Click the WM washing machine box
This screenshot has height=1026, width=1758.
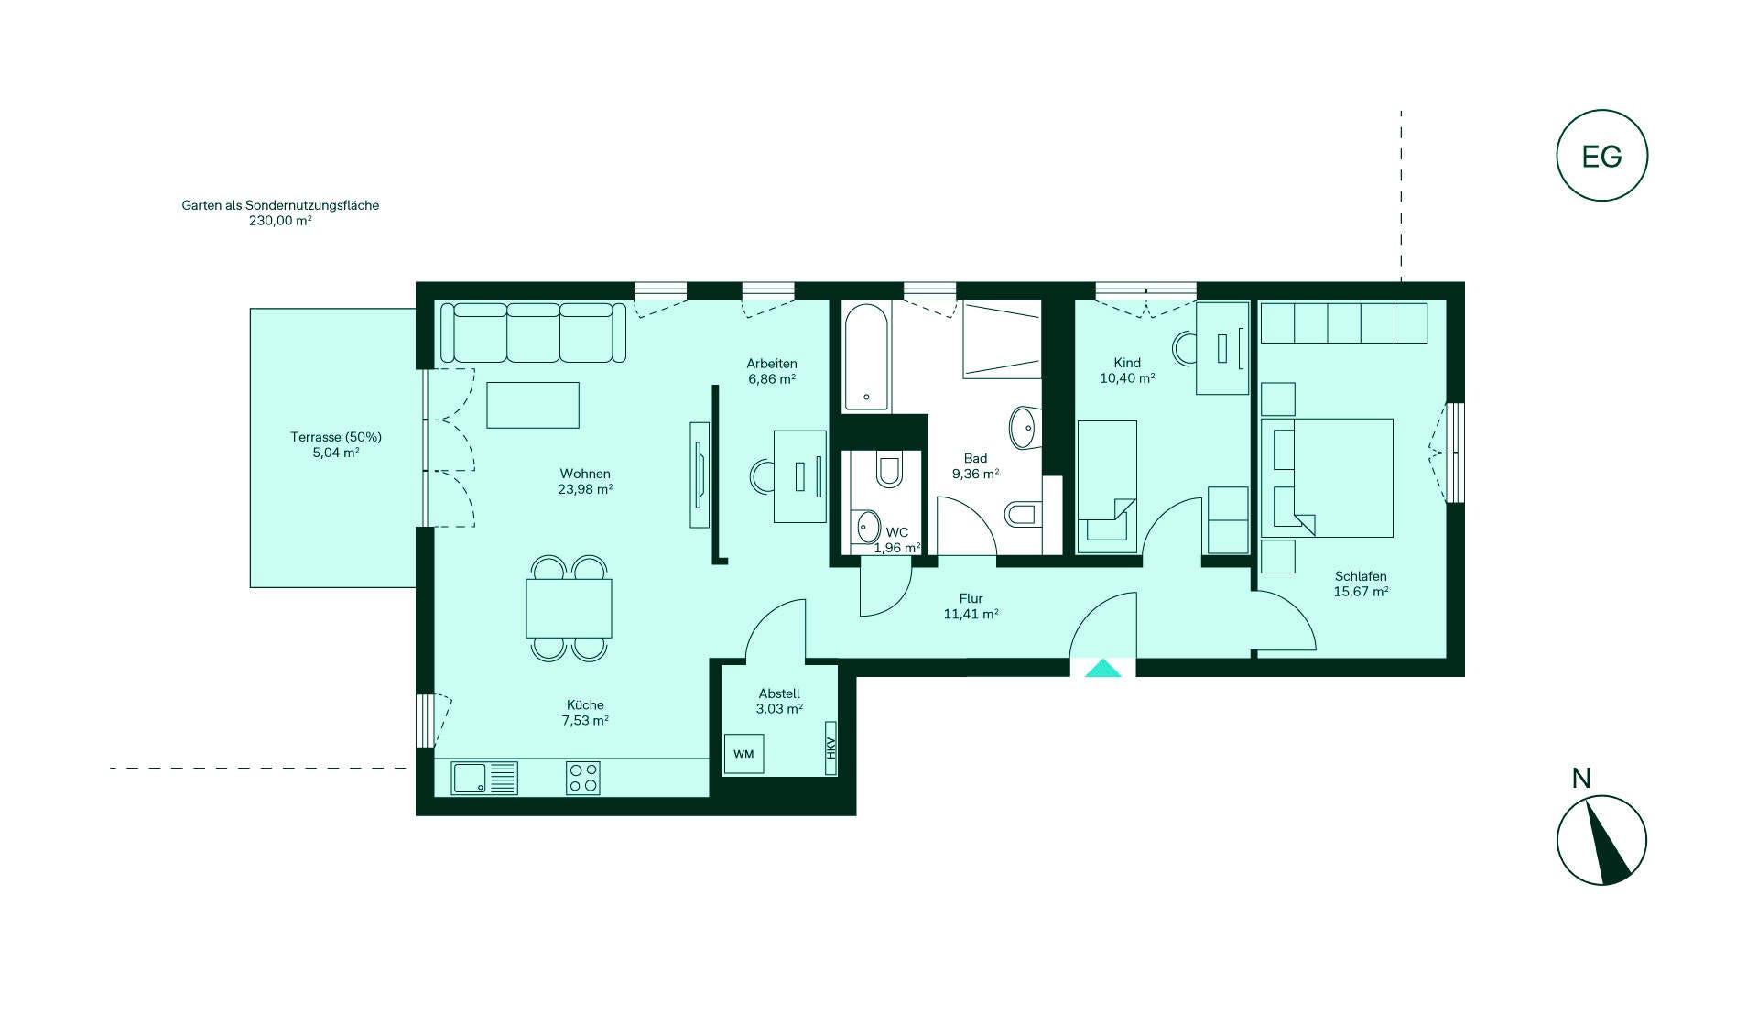point(743,754)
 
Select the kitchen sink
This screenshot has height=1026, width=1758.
point(484,778)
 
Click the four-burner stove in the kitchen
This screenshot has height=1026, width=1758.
point(583,778)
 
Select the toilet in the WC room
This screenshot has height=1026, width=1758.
point(888,468)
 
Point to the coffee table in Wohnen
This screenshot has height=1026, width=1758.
point(533,405)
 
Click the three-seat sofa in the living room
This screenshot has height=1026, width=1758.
point(534,333)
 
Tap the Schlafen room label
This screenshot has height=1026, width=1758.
point(1361,576)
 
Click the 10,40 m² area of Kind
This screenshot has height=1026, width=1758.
point(1127,377)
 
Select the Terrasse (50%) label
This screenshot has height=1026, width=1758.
point(336,437)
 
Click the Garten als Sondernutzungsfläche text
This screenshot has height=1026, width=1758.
point(280,205)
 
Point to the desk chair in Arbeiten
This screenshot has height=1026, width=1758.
point(762,476)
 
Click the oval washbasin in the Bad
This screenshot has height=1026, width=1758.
point(1025,426)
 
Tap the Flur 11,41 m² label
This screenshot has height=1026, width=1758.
point(971,606)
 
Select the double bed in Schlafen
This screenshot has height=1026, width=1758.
point(1327,477)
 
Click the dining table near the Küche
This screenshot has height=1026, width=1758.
point(569,608)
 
